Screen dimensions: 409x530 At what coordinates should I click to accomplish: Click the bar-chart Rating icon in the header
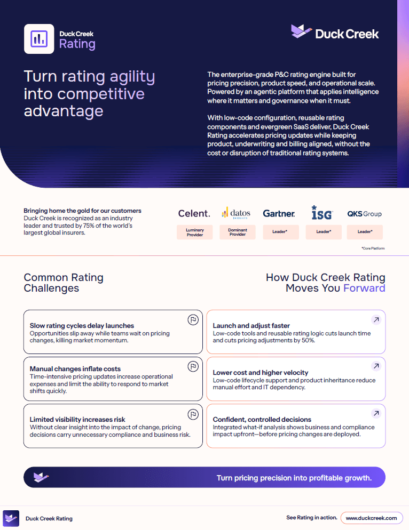(39, 39)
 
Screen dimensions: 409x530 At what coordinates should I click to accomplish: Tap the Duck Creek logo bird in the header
(301, 31)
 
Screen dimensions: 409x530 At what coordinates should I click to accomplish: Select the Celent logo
(194, 214)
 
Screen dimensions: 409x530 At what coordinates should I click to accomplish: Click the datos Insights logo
(237, 213)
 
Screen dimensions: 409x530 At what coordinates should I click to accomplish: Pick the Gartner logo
(279, 214)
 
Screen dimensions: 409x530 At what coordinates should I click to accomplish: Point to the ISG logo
(322, 213)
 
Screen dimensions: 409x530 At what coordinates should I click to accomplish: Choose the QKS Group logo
(364, 214)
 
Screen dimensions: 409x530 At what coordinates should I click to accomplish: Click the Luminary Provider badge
(195, 232)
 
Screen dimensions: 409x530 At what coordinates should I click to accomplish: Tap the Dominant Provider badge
(238, 232)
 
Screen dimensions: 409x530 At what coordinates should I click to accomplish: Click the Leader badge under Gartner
(281, 232)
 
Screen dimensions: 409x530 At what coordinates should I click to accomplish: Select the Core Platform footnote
(373, 248)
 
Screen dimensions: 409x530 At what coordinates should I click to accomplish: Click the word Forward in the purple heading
(364, 288)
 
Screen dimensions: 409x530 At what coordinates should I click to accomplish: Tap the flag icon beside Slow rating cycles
(193, 319)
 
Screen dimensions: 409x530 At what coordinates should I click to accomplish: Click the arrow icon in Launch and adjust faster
(376, 319)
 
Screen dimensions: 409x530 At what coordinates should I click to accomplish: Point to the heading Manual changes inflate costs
(75, 369)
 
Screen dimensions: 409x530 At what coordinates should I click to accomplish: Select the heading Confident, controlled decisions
(262, 420)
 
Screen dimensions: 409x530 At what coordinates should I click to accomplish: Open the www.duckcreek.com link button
(372, 518)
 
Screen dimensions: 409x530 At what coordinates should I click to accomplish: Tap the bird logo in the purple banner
(41, 477)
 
